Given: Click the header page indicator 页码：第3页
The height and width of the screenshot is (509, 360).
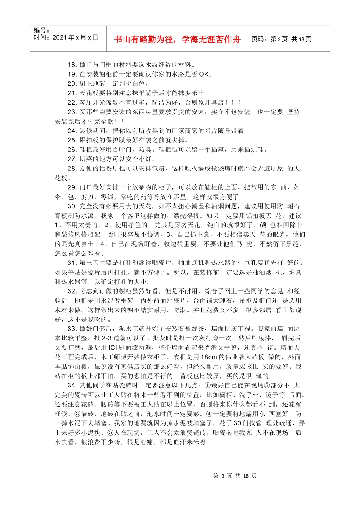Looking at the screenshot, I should click(x=269, y=39).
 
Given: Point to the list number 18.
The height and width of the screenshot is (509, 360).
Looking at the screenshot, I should click(x=72, y=65).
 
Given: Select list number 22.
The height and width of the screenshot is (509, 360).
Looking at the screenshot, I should click(x=72, y=103).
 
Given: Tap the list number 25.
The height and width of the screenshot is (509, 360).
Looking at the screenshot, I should click(x=72, y=140).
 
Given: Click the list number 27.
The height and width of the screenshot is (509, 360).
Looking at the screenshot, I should click(x=72, y=159).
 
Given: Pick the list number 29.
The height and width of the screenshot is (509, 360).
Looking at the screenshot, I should click(x=72, y=187).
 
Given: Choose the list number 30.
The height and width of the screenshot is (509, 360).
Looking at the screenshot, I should click(x=72, y=206).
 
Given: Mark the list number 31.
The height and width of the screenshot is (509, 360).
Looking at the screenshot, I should click(x=72, y=263).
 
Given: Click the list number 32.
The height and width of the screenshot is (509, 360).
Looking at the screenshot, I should click(x=72, y=291).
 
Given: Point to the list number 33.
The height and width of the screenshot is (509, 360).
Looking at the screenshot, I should click(x=72, y=329).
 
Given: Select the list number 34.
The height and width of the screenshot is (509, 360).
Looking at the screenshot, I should click(x=72, y=385).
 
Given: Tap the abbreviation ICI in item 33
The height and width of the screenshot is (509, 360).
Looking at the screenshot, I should click(x=113, y=348).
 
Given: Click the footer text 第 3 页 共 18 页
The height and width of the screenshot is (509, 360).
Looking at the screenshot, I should click(x=235, y=476).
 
